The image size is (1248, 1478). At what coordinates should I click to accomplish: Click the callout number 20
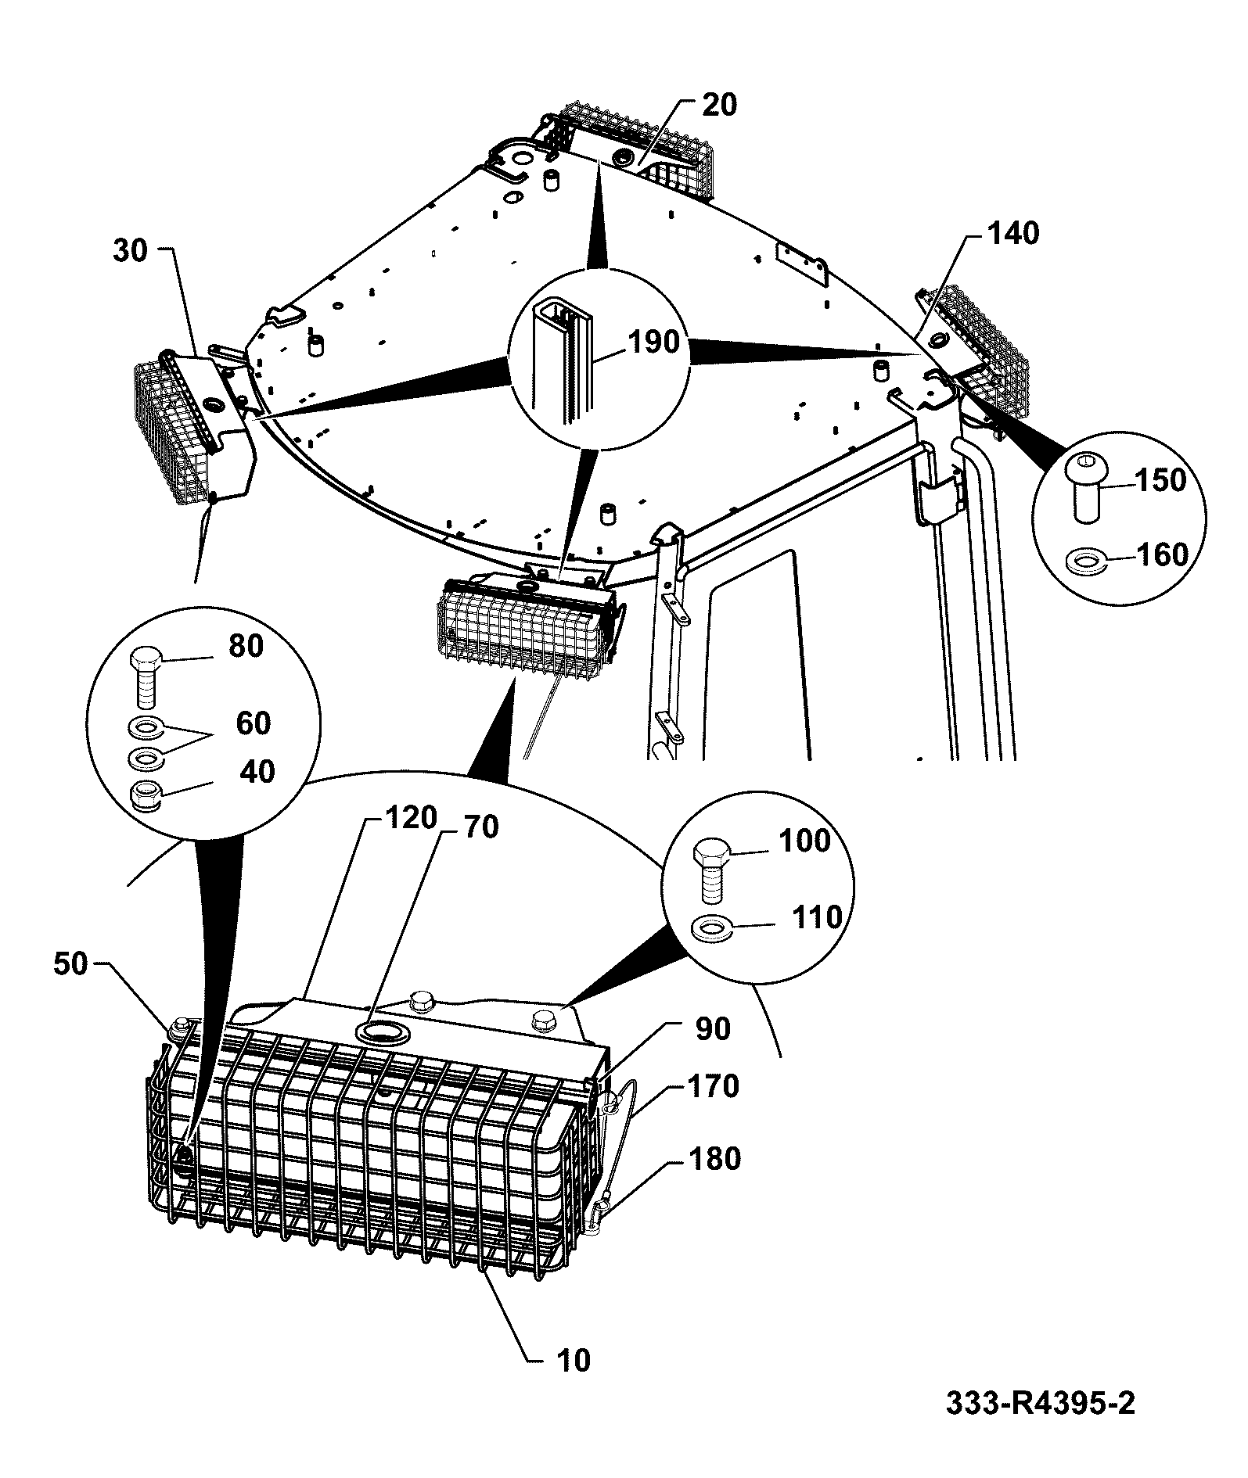[719, 104]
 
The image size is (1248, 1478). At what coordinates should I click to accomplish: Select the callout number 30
[131, 252]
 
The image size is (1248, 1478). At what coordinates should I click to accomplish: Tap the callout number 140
[1013, 233]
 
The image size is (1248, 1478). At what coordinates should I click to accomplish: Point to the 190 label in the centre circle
[654, 342]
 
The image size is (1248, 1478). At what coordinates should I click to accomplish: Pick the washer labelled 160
[1087, 561]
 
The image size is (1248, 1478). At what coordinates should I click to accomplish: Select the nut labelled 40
[146, 796]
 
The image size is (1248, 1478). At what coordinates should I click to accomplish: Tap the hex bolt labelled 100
[714, 870]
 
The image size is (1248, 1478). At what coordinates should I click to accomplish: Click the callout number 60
[253, 723]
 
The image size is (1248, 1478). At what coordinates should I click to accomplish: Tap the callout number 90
[713, 1029]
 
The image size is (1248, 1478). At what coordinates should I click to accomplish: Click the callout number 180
[714, 1158]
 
